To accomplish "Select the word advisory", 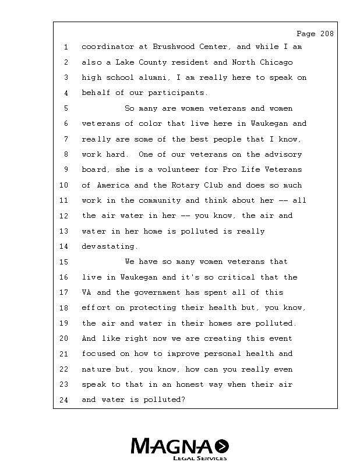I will [283, 154].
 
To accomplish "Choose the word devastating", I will [110, 246].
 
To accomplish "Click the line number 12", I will [66, 216].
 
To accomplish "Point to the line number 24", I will [66, 400].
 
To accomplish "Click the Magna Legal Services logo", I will [179, 448].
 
